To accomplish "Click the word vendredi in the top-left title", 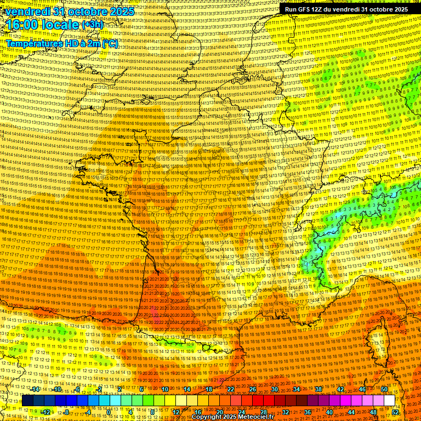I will tap(25, 11).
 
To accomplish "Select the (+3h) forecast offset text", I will tap(92, 25).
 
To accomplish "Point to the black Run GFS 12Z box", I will tap(346, 9).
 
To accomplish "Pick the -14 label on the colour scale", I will tap(36, 389).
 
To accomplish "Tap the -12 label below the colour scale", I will tap(46, 412).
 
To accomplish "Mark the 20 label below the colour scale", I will tap(219, 412).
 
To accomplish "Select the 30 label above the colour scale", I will tap(274, 389).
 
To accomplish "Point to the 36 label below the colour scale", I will tap(308, 412).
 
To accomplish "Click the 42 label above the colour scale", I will tap(340, 389).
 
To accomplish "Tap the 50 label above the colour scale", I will tap(384, 389).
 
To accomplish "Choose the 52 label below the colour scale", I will tap(396, 412).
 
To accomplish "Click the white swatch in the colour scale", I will tap(389, 401).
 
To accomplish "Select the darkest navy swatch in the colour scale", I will tap(27, 401).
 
